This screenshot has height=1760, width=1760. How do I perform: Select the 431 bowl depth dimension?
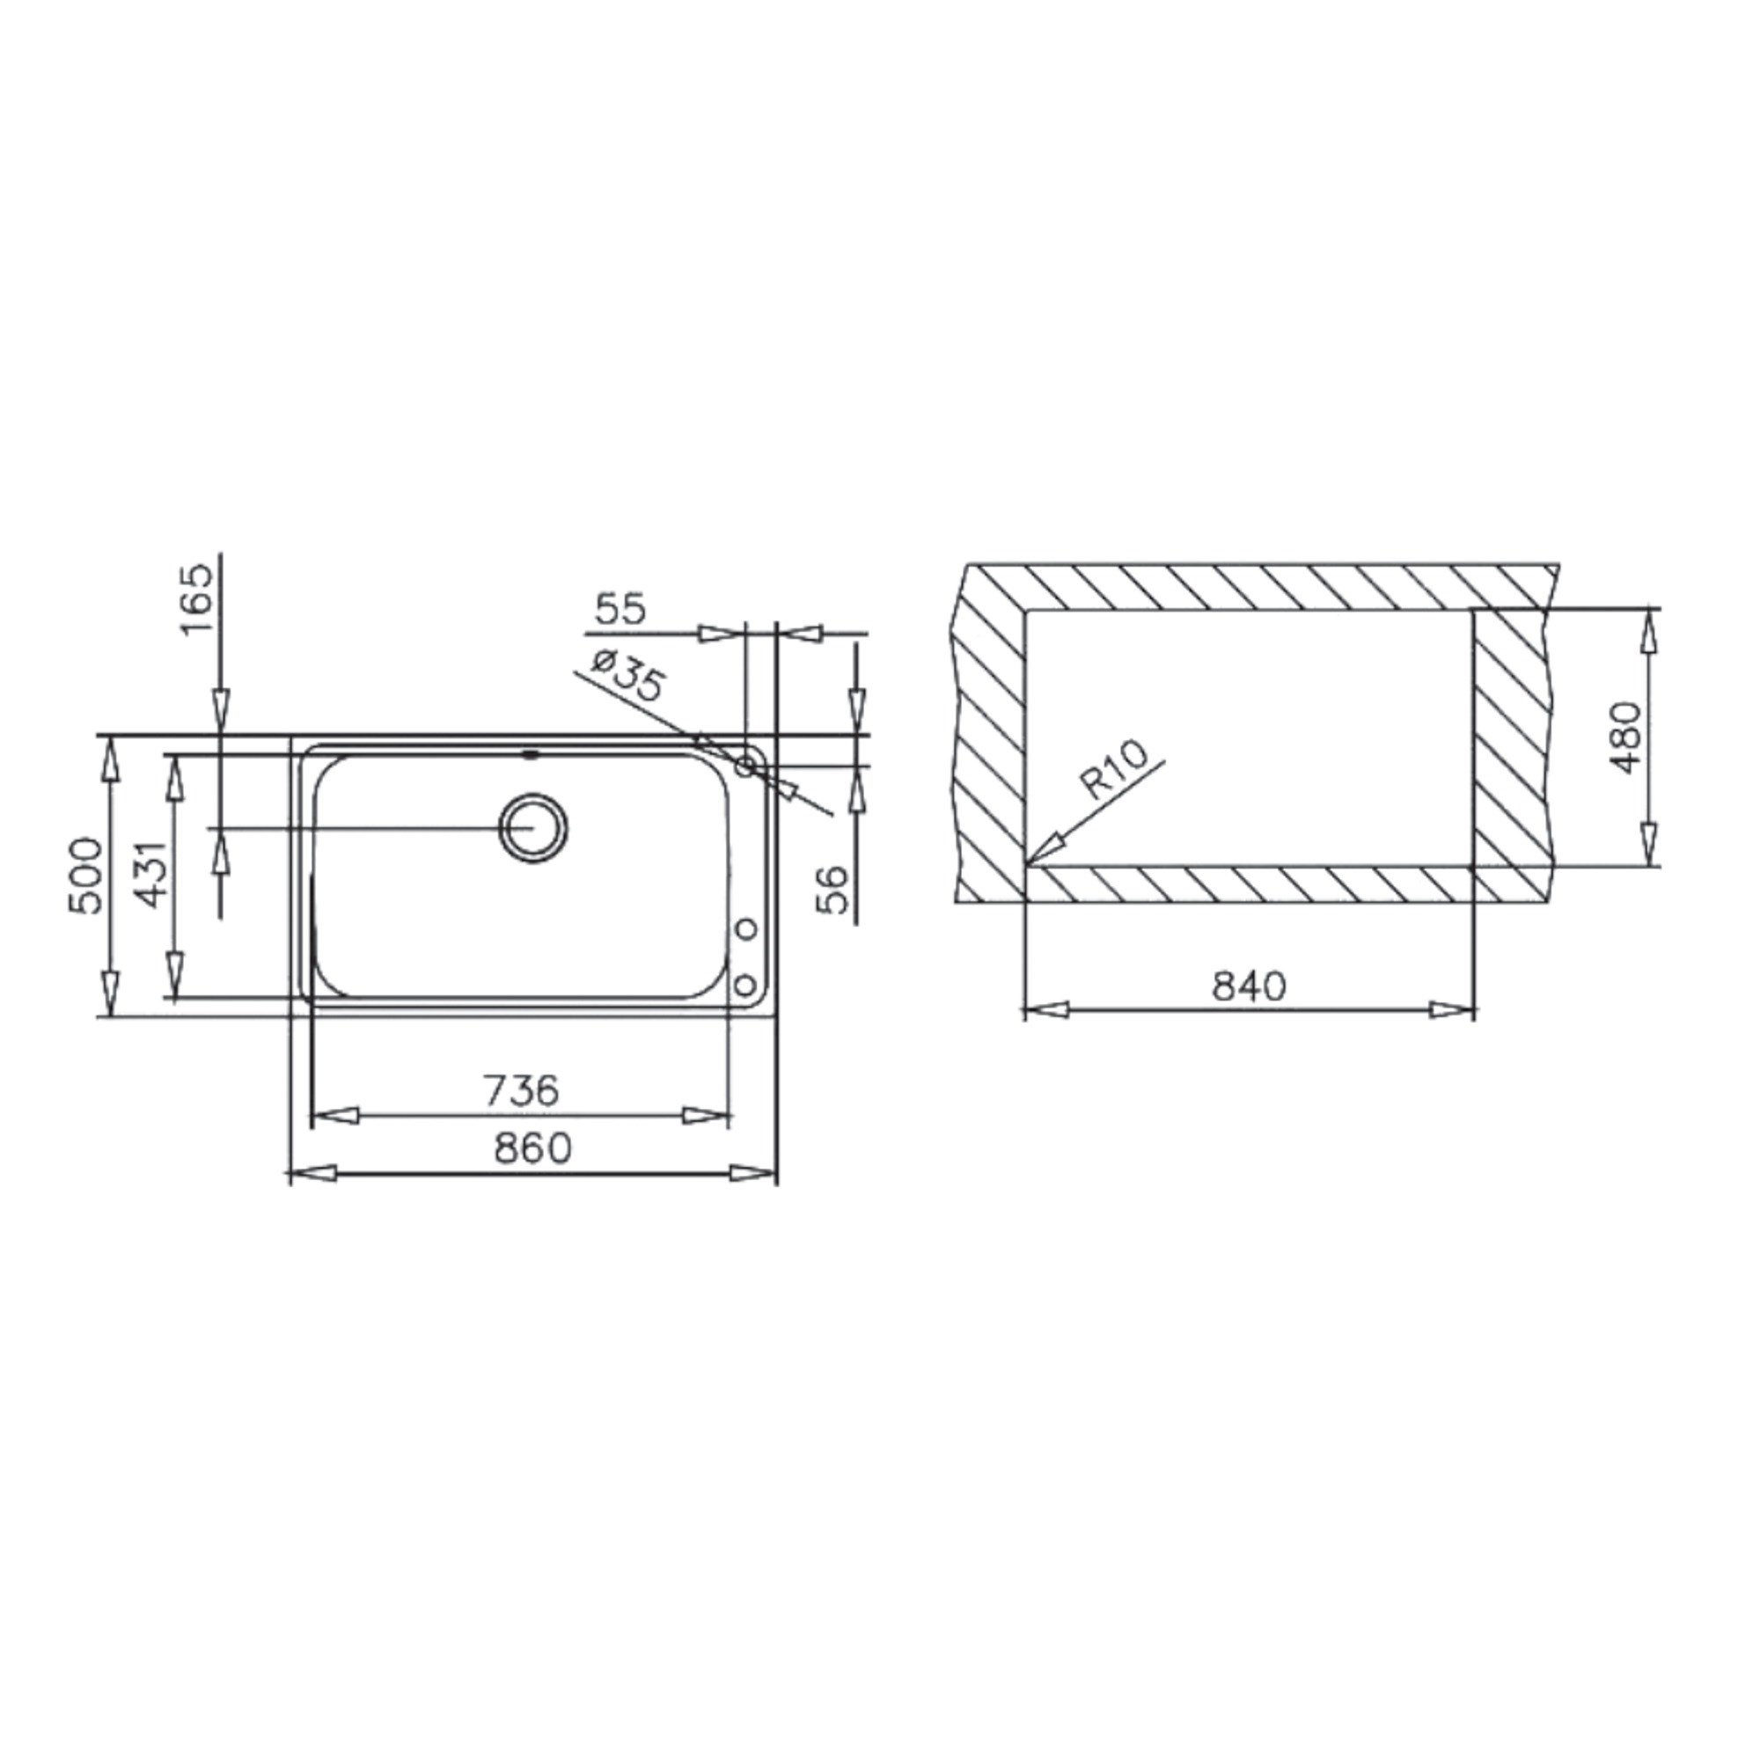(x=152, y=874)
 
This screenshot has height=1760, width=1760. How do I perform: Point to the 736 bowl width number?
(x=520, y=1090)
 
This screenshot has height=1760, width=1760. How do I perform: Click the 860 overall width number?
(x=533, y=1148)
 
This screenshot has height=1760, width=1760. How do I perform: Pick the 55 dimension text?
(x=620, y=609)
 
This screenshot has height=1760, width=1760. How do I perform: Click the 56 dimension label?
(x=832, y=890)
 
